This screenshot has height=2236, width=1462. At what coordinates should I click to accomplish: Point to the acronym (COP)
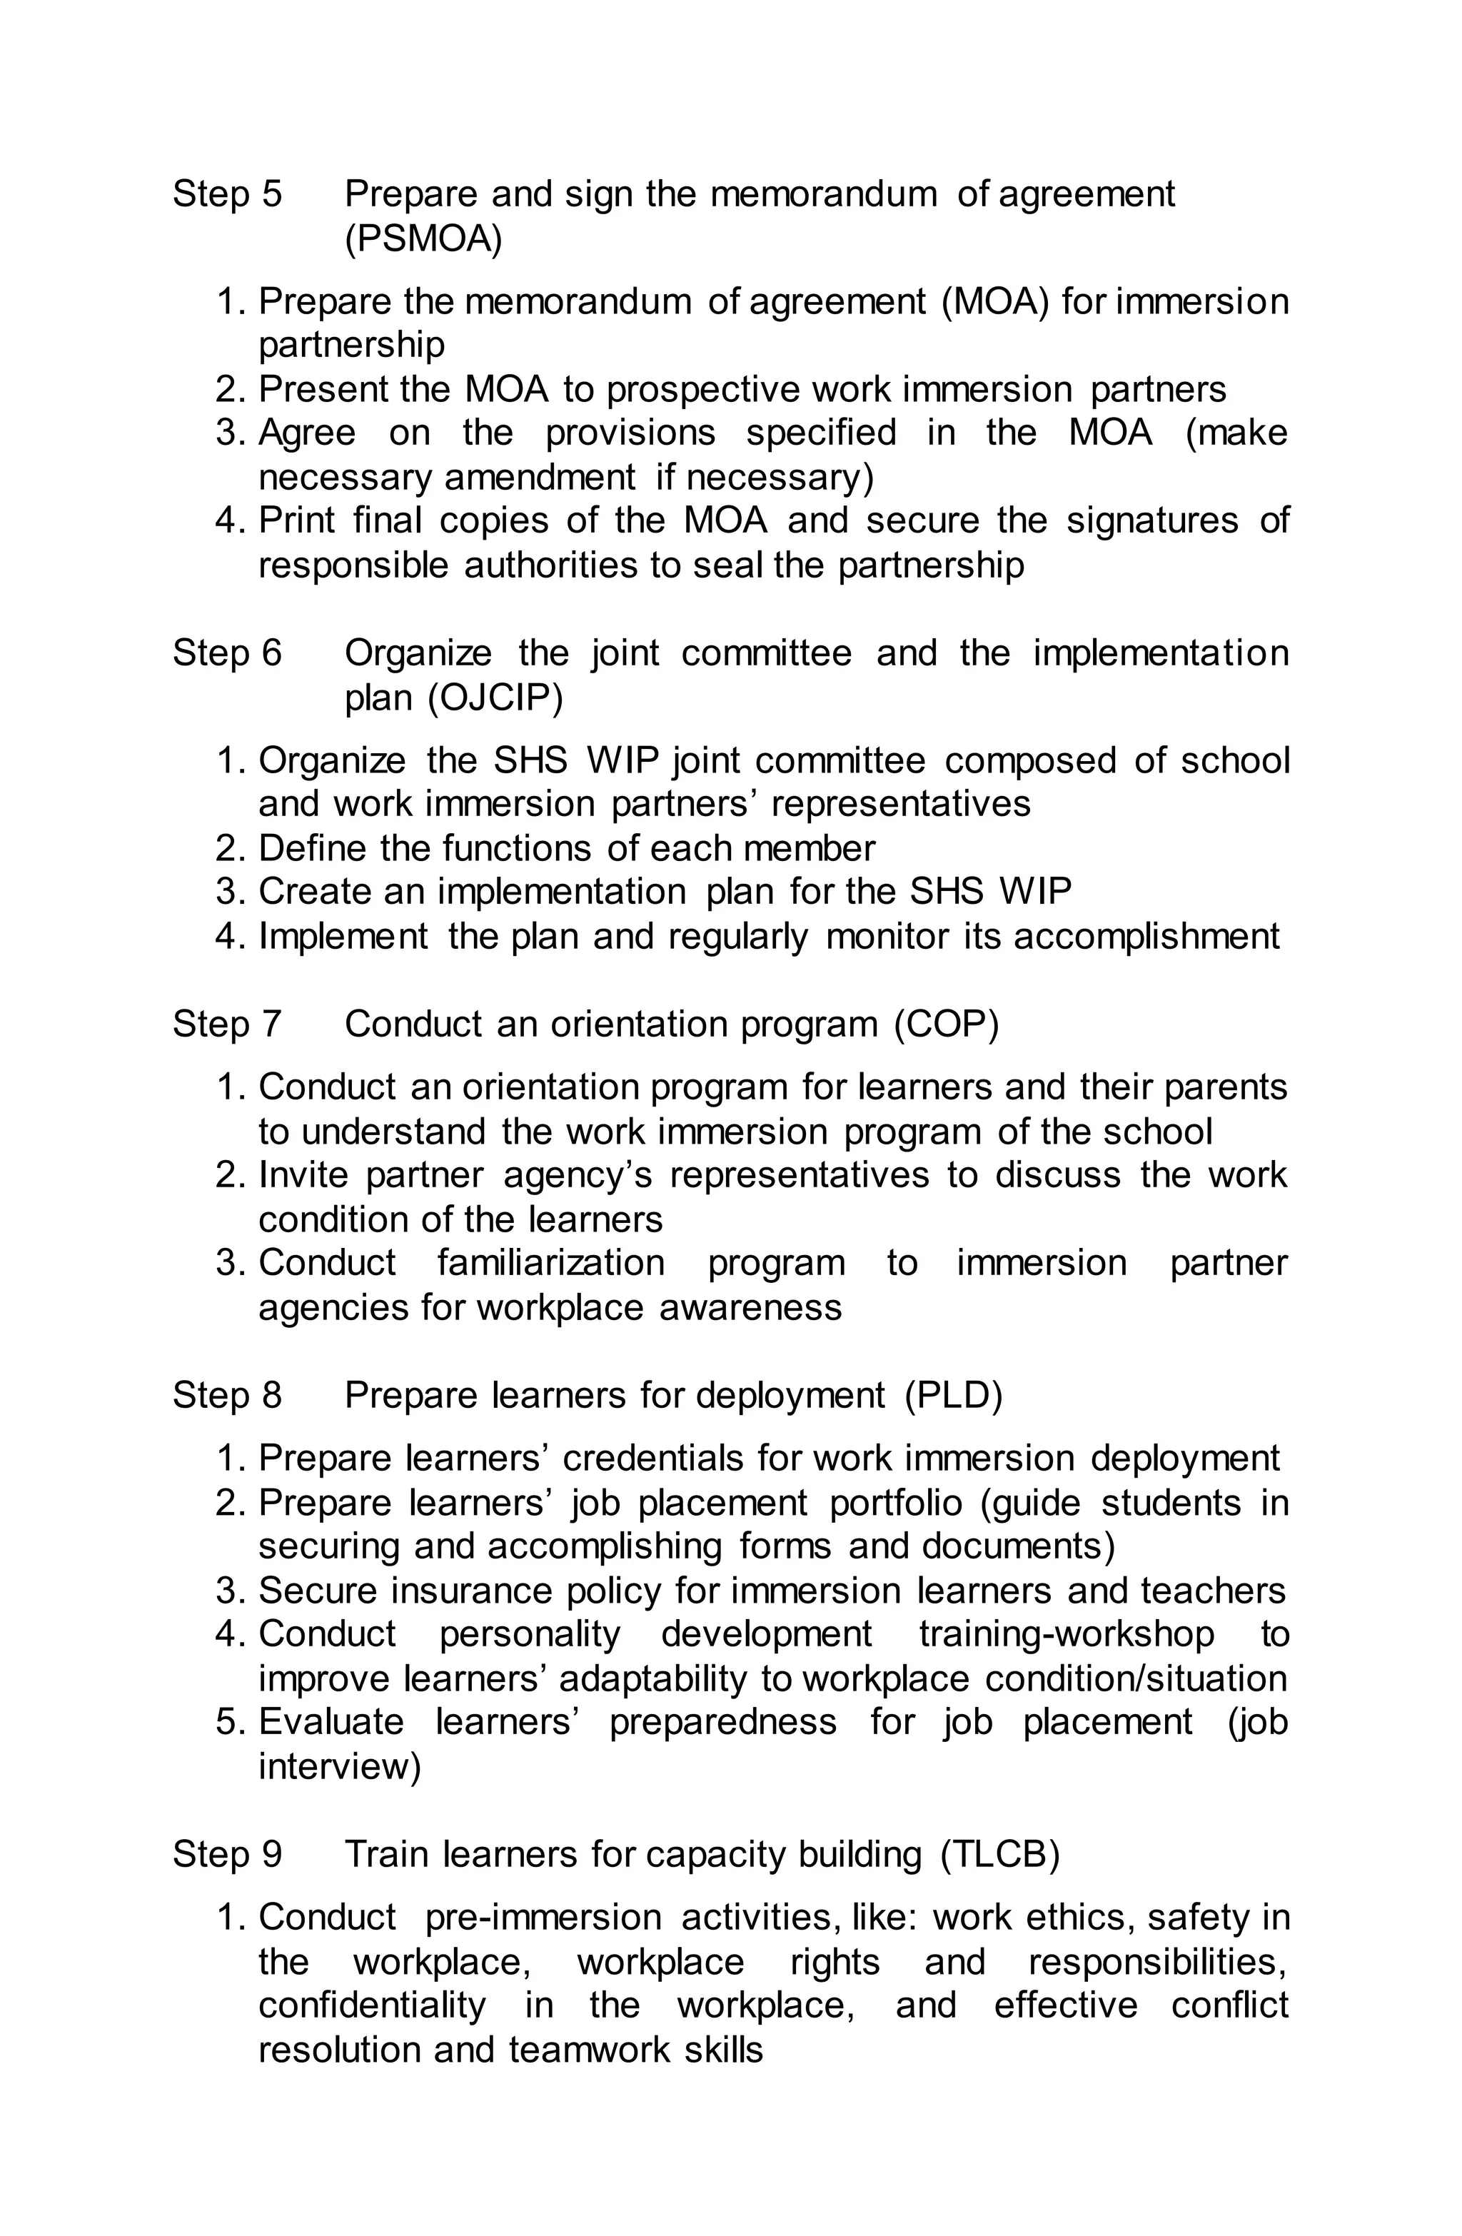(x=946, y=1023)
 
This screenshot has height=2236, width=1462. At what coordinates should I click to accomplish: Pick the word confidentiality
(x=372, y=2005)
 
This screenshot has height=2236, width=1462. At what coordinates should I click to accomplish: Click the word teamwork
(x=588, y=2049)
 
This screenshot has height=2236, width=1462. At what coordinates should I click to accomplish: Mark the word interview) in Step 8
(x=339, y=1766)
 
